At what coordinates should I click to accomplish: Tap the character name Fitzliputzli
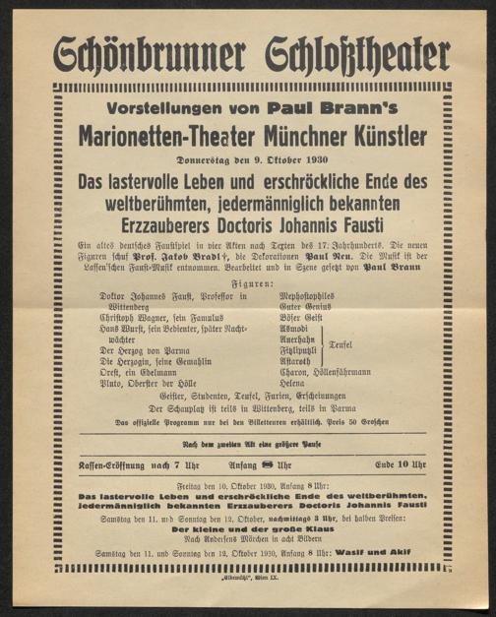[300, 348]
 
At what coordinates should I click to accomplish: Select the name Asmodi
[295, 327]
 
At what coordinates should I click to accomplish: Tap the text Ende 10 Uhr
[401, 463]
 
